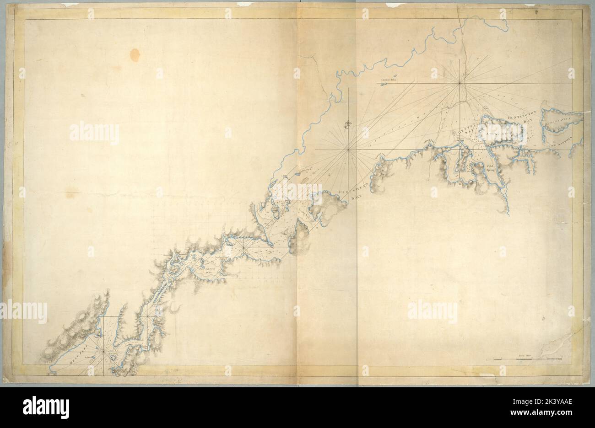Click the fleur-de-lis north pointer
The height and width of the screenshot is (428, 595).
click(349, 124)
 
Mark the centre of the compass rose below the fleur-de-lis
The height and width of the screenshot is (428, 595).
click(349, 150)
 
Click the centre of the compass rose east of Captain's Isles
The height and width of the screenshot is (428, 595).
click(460, 83)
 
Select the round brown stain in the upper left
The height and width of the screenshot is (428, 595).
click(135, 55)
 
